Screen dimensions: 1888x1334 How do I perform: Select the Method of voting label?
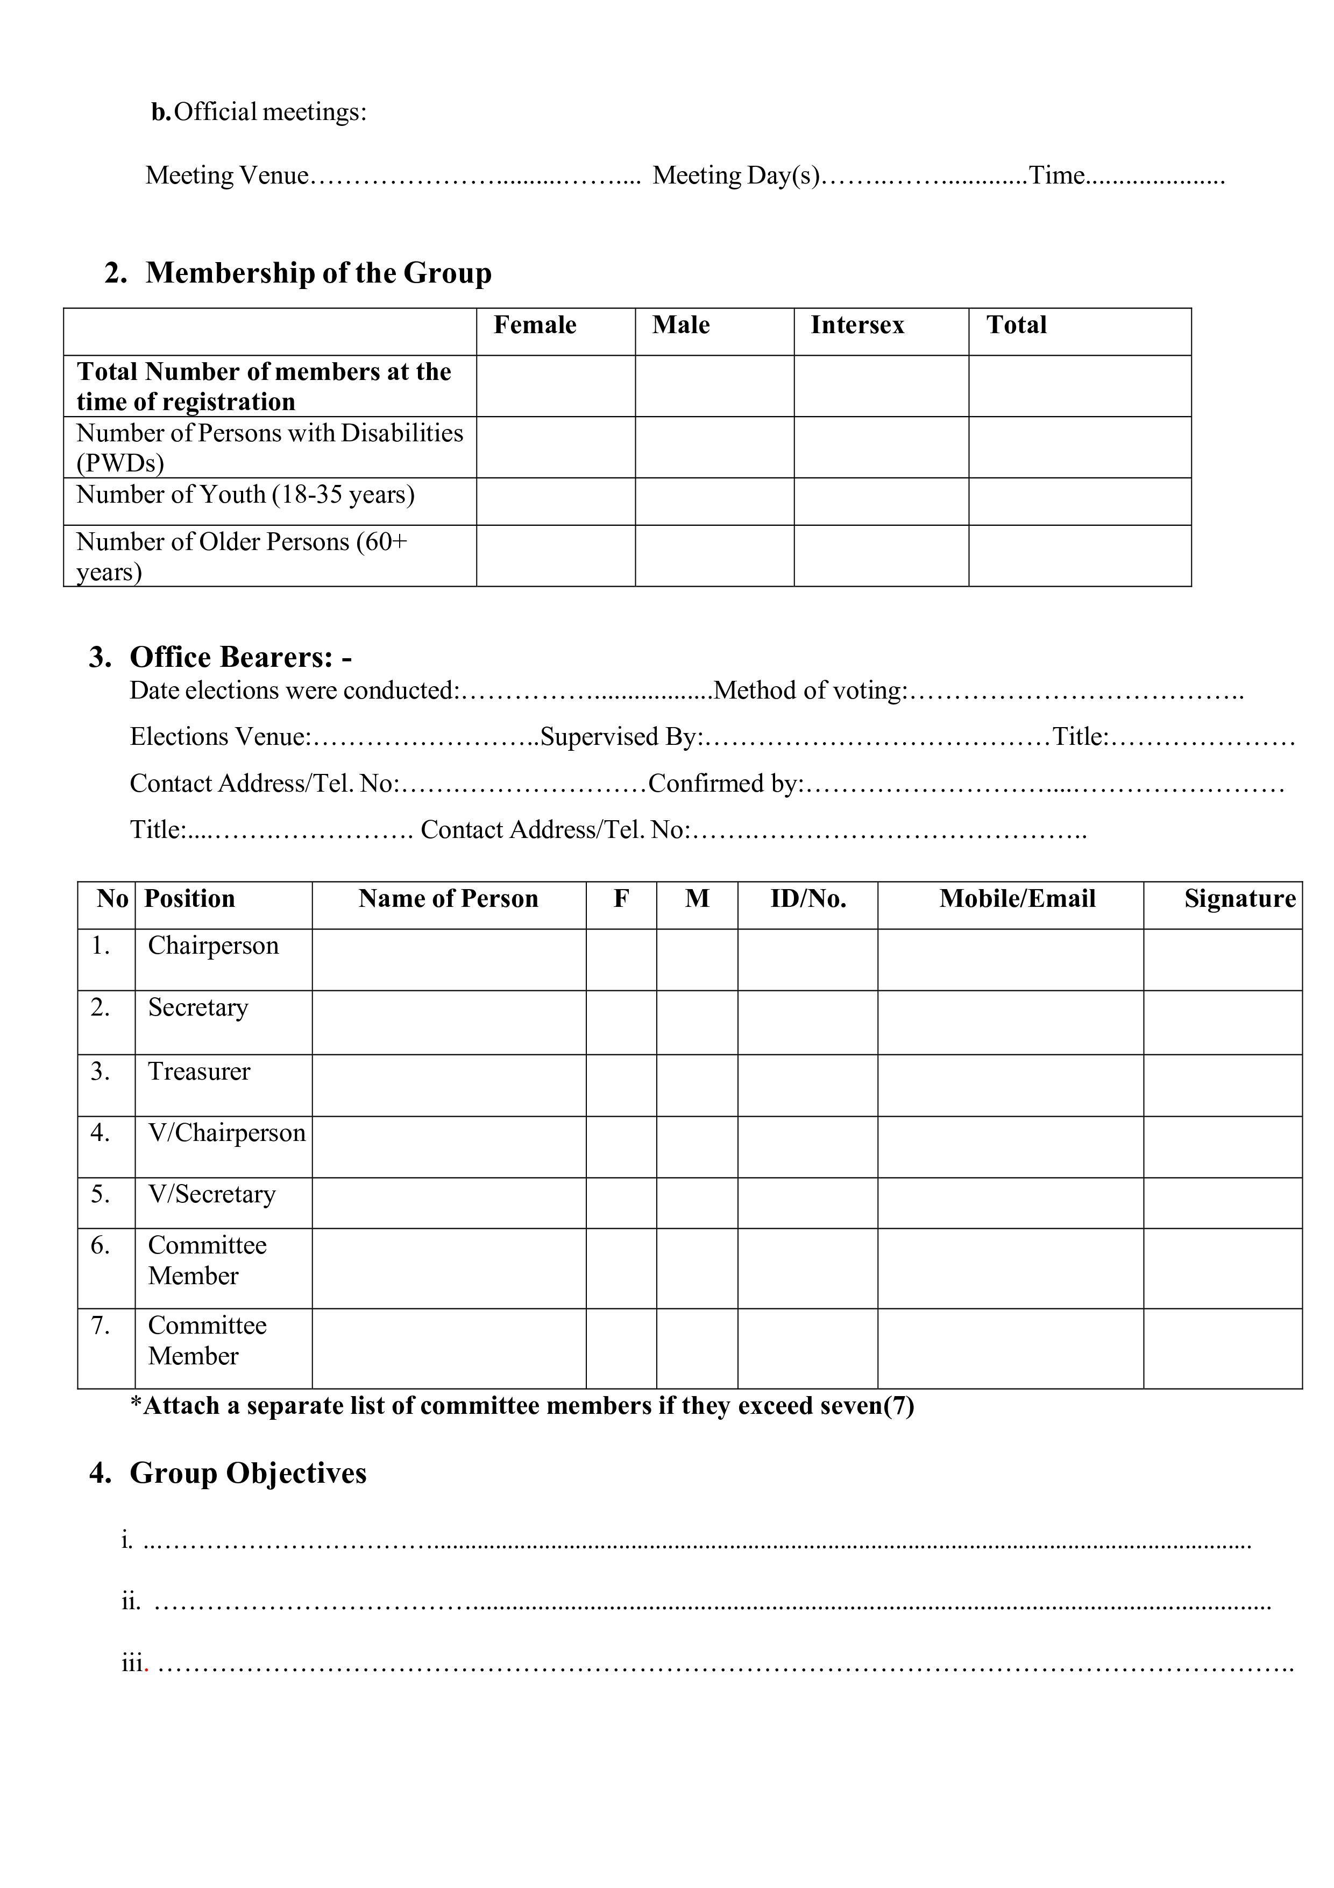click(x=810, y=691)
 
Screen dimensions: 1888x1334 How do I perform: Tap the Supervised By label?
click(x=621, y=737)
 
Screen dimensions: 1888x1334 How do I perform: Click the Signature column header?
click(x=1239, y=899)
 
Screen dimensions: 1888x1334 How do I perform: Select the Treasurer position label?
click(x=199, y=1072)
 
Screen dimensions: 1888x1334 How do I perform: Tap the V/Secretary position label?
click(x=211, y=1194)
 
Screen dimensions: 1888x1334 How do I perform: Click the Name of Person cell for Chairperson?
click(x=448, y=960)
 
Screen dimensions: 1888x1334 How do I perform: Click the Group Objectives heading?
click(x=247, y=1473)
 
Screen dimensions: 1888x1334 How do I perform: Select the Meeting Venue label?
click(x=227, y=176)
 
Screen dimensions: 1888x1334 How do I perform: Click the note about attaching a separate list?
click(x=522, y=1406)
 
